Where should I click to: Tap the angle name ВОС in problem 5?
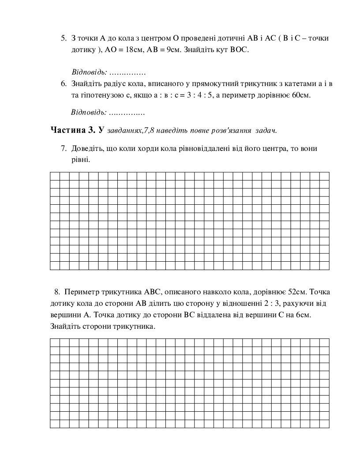[240, 50]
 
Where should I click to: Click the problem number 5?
[64, 38]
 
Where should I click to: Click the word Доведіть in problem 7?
[85, 148]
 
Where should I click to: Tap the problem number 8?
[57, 292]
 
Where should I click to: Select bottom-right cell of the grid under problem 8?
[325, 424]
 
